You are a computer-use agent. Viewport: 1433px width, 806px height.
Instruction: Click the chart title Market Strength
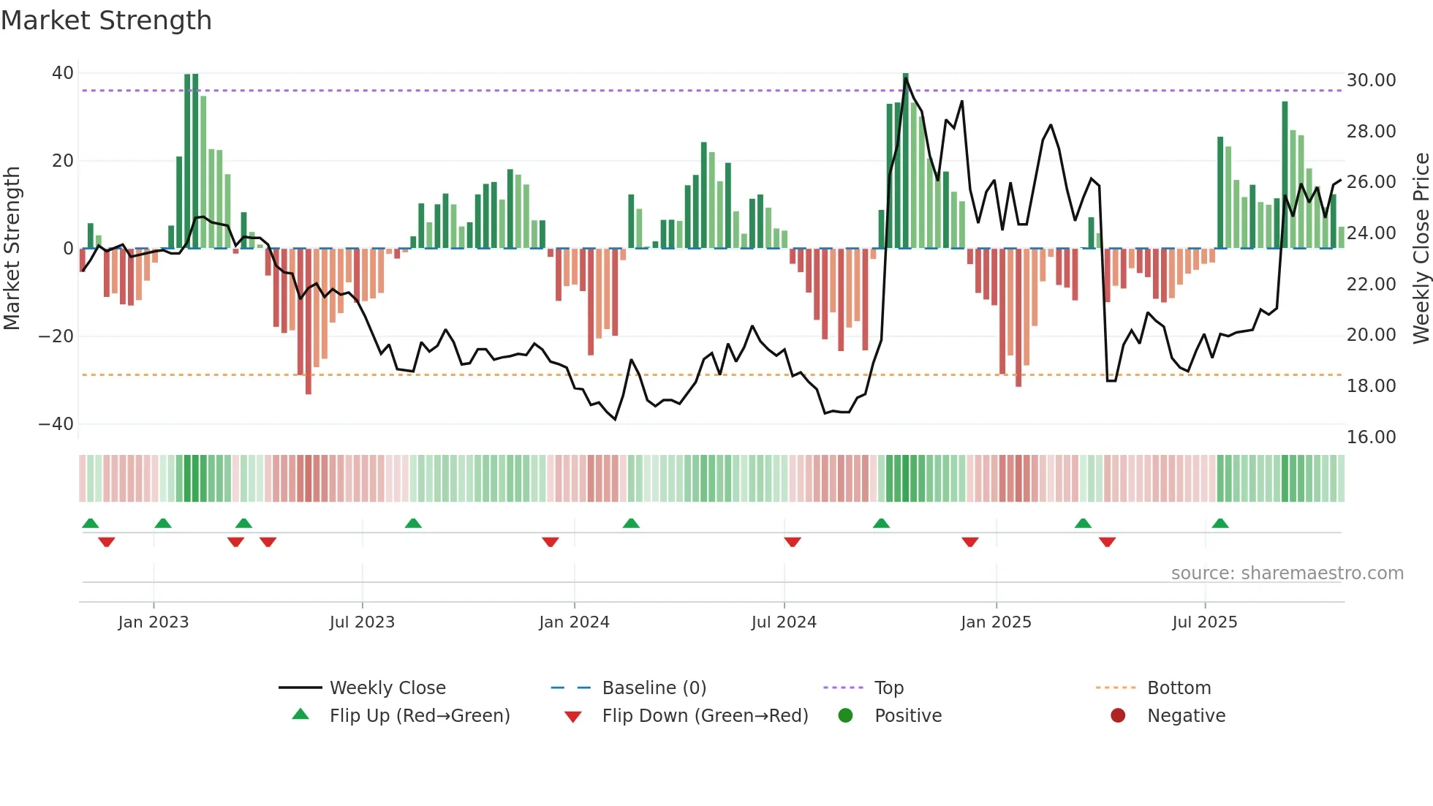(x=106, y=20)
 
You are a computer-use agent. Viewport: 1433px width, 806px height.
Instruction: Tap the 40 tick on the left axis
(x=63, y=73)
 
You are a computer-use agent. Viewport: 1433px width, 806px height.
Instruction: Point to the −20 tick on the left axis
(x=56, y=336)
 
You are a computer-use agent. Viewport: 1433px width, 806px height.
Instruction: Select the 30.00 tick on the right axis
(x=1371, y=80)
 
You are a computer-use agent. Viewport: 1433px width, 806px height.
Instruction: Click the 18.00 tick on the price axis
(x=1371, y=386)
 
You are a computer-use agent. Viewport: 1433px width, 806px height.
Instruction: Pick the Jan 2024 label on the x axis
(x=574, y=622)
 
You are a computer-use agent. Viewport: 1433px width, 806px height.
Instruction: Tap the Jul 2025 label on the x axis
(x=1204, y=622)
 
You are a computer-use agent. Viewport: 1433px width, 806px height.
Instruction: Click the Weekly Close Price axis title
(x=1421, y=249)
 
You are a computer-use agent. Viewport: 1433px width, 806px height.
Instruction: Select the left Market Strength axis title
(x=12, y=249)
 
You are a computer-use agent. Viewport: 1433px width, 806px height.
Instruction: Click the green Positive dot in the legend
(x=845, y=716)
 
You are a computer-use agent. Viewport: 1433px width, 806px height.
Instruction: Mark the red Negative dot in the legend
(x=1118, y=716)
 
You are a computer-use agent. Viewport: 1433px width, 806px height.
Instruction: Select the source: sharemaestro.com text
(x=1287, y=573)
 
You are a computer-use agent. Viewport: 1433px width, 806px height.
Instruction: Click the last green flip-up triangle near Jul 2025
(x=1220, y=524)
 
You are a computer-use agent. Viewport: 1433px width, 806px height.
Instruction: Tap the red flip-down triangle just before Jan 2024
(x=551, y=542)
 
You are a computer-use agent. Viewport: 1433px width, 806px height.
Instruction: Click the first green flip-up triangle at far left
(x=91, y=524)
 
